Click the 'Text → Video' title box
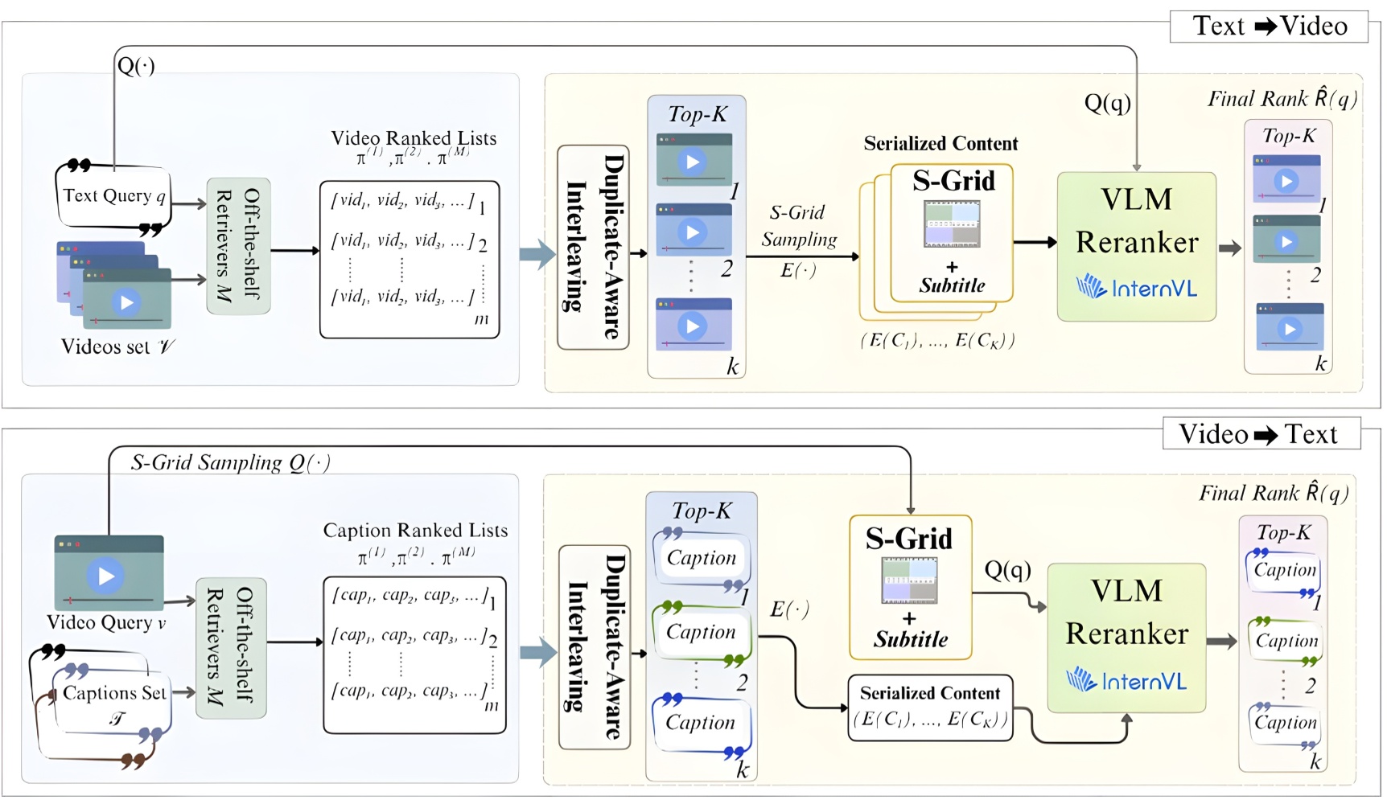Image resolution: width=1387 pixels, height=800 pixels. click(1269, 26)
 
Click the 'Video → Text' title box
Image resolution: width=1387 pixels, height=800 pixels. click(1261, 434)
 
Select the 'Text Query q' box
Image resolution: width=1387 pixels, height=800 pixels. click(113, 195)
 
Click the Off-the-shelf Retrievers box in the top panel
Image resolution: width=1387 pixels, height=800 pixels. click(238, 245)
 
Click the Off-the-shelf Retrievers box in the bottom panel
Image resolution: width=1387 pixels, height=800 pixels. click(230, 646)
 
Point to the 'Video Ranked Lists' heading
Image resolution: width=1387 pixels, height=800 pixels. click(414, 138)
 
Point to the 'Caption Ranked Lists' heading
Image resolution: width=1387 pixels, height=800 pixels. click(415, 531)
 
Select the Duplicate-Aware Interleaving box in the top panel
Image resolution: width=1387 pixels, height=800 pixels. click(593, 247)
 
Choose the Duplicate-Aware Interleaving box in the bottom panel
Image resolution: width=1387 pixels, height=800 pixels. click(595, 646)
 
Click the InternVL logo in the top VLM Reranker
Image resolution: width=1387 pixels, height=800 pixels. click(1136, 287)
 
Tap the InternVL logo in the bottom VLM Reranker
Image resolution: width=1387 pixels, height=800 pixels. click(1126, 681)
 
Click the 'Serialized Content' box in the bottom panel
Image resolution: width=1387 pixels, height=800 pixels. click(930, 707)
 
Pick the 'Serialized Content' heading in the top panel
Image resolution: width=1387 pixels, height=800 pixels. click(940, 144)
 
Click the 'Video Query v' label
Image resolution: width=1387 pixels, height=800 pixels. click(106, 622)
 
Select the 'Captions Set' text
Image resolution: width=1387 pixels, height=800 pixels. click(114, 693)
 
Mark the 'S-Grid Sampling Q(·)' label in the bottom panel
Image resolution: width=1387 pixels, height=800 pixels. click(230, 462)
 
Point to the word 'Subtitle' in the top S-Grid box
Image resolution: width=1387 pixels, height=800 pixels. click(952, 285)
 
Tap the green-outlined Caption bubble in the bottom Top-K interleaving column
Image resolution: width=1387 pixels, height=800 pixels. click(701, 633)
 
